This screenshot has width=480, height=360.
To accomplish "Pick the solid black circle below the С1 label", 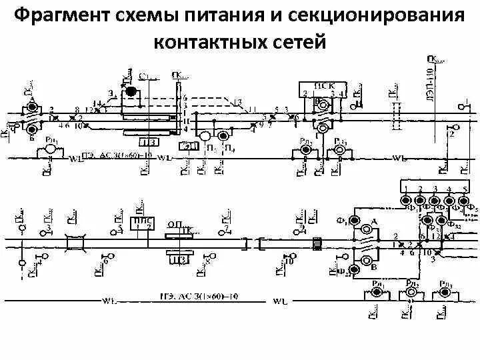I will click(131, 91).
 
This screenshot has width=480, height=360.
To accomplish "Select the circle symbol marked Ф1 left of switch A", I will click(353, 221).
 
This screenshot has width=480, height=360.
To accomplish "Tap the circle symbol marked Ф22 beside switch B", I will click(353, 270).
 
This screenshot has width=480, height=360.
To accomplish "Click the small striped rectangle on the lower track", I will click(317, 244).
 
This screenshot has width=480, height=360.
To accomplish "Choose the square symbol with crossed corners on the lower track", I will click(76, 243).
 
